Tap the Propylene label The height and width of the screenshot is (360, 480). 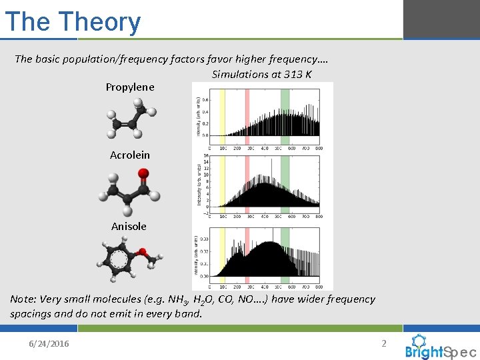pyautogui.click(x=130, y=87)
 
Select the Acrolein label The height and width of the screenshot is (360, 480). pyautogui.click(x=130, y=155)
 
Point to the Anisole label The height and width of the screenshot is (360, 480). pyautogui.click(x=129, y=227)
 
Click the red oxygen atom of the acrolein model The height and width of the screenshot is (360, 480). pyautogui.click(x=143, y=175)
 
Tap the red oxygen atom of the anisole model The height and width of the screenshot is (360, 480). pyautogui.click(x=142, y=252)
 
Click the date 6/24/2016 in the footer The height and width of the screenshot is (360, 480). pyautogui.click(x=49, y=344)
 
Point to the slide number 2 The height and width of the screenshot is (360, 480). pyautogui.click(x=383, y=343)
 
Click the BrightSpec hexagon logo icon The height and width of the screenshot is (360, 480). pyautogui.click(x=419, y=341)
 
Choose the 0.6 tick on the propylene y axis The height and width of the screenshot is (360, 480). pyautogui.click(x=205, y=101)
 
